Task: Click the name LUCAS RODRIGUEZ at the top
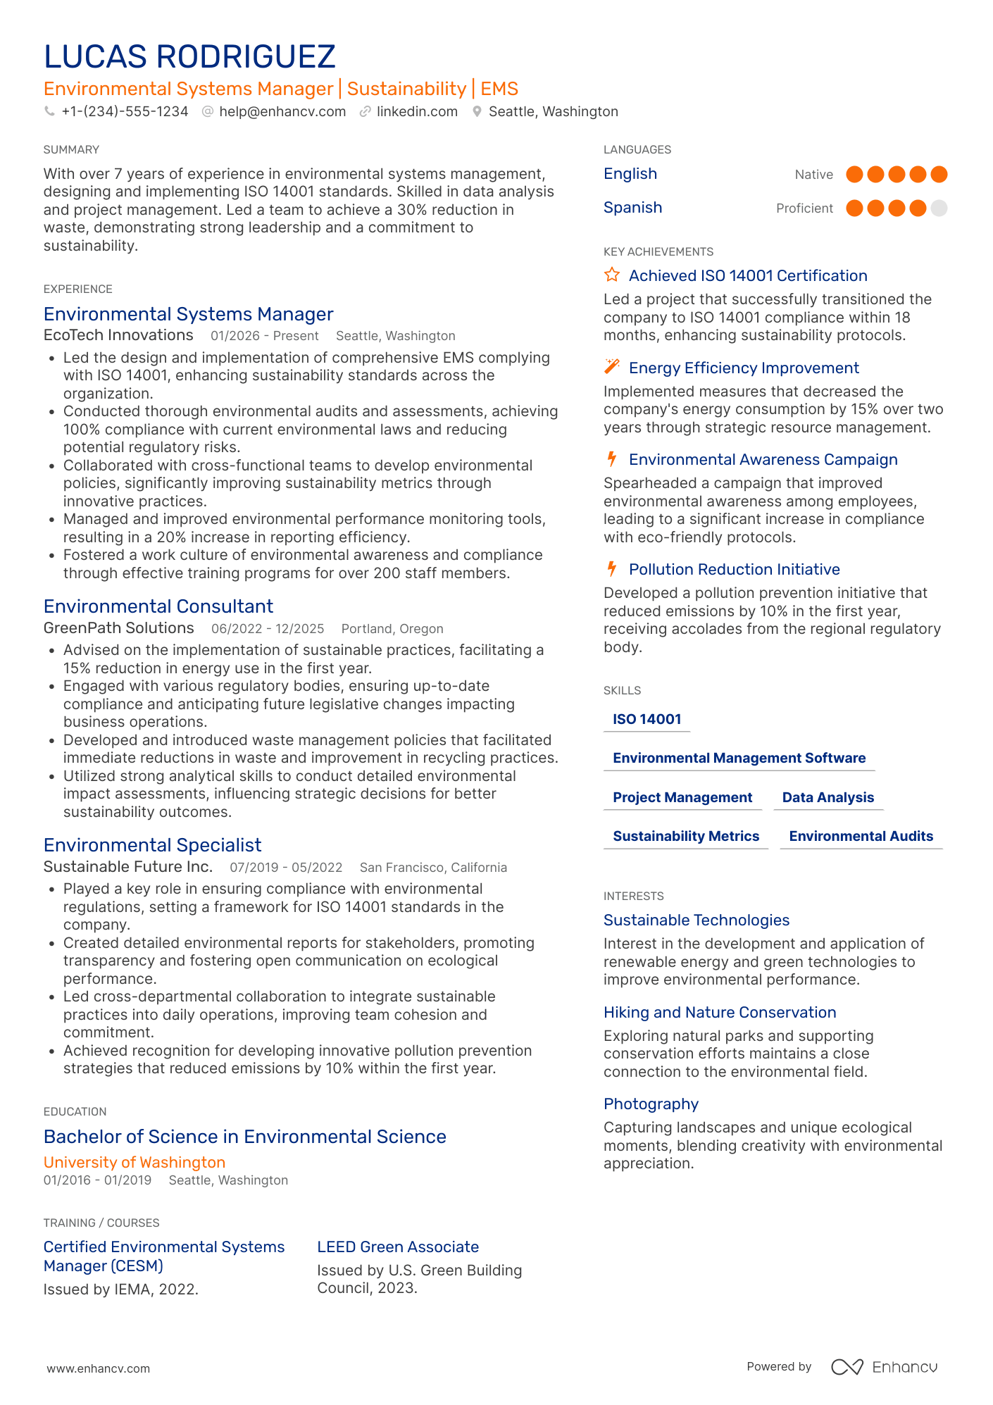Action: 189,57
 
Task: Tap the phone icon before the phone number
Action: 49,111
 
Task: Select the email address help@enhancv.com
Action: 282,111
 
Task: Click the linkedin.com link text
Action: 416,111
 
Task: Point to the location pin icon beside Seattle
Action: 477,111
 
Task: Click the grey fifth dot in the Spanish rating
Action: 938,208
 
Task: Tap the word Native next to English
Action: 813,175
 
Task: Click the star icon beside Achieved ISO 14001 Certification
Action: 612,275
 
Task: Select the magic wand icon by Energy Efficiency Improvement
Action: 612,367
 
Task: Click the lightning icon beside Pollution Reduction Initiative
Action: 612,568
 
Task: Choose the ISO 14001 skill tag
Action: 647,719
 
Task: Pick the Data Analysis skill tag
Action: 827,797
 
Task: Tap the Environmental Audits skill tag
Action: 861,836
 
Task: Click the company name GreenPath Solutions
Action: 118,628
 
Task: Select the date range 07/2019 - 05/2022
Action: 286,868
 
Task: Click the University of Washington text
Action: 135,1162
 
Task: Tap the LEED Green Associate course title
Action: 398,1247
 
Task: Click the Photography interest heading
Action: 651,1104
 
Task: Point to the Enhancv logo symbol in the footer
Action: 847,1367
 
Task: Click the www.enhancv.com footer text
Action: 99,1368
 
